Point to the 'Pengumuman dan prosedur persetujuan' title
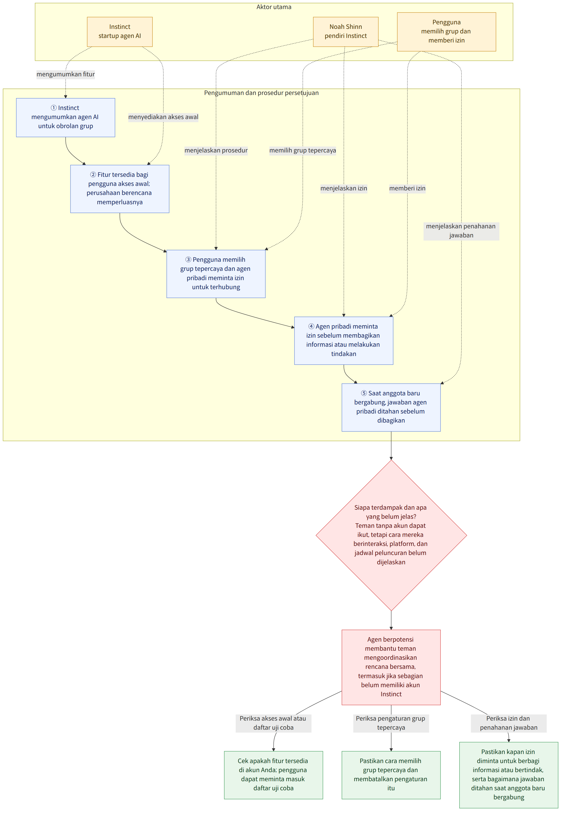click(261, 93)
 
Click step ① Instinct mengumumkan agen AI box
click(65, 118)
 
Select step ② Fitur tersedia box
click(120, 189)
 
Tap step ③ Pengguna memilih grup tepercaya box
click(216, 274)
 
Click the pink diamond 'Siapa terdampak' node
click(391, 535)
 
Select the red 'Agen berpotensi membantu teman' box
click(391, 667)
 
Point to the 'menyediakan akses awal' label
click(163, 117)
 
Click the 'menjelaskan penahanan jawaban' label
click(461, 231)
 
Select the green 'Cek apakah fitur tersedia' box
click(273, 775)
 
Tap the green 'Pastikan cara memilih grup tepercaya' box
click(391, 775)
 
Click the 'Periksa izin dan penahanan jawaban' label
click(509, 723)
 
